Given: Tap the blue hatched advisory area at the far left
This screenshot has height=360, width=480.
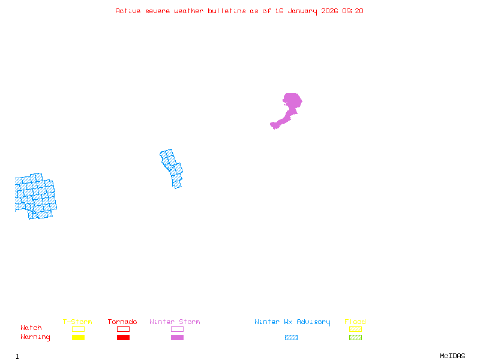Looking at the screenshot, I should pyautogui.click(x=35, y=196).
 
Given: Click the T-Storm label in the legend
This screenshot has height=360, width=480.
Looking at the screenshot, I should pyautogui.click(x=77, y=322).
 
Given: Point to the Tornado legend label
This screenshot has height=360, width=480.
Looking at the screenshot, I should pyautogui.click(x=122, y=322).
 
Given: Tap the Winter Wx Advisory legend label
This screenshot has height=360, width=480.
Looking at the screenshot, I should pyautogui.click(x=292, y=322).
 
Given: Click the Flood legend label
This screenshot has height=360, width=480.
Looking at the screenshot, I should pyautogui.click(x=355, y=322).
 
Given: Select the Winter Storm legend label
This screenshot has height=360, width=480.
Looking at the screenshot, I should pyautogui.click(x=175, y=322).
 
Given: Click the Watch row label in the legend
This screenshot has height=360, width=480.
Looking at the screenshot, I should pyautogui.click(x=31, y=328).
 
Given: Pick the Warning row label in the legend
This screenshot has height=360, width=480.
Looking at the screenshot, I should pyautogui.click(x=35, y=337).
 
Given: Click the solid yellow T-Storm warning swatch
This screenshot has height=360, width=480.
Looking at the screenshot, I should pyautogui.click(x=78, y=338).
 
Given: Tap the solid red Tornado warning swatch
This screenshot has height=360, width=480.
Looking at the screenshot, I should pyautogui.click(x=123, y=338).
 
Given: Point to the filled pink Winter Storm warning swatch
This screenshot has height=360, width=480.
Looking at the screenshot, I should pyautogui.click(x=177, y=338).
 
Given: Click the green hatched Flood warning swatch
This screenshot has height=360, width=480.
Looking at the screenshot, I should pyautogui.click(x=355, y=338).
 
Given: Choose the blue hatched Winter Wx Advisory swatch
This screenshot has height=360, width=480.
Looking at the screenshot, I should pyautogui.click(x=291, y=338).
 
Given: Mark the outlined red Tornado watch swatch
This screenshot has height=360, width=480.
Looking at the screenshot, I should pyautogui.click(x=123, y=329).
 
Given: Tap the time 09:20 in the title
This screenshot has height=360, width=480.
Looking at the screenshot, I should pyautogui.click(x=353, y=11).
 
